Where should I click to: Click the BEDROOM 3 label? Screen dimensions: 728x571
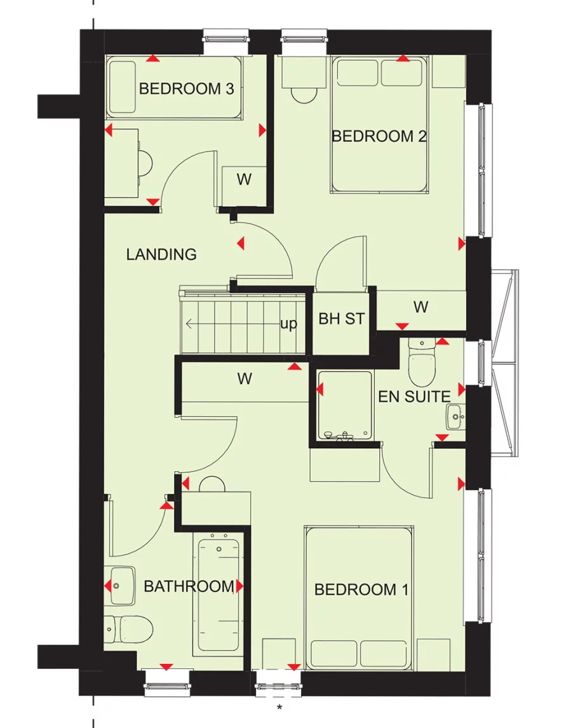(186, 89)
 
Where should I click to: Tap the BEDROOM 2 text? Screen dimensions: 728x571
(379, 136)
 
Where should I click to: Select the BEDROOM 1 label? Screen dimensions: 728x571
(361, 590)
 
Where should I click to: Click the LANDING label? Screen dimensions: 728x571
(161, 255)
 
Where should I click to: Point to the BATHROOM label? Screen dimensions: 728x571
(189, 586)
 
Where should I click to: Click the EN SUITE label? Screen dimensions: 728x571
(414, 397)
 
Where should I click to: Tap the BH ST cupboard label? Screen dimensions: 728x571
(342, 319)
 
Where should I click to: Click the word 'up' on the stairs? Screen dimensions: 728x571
(288, 324)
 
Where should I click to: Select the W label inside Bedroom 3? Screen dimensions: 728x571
(244, 180)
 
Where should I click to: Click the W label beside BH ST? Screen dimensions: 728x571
(420, 307)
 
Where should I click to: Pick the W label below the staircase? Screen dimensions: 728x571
(245, 379)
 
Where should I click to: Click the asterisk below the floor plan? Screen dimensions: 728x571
(278, 706)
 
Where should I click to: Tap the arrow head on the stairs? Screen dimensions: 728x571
(189, 324)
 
